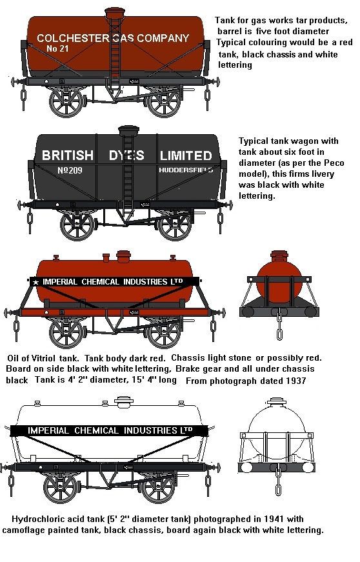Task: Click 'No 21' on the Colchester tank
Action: point(57,48)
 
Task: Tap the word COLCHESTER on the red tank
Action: point(73,38)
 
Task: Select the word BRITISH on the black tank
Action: point(68,156)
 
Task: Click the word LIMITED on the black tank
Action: point(186,156)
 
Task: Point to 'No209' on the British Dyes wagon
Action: point(70,170)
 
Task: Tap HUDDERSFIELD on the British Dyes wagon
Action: point(186,170)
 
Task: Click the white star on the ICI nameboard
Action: point(35,282)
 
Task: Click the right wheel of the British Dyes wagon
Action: point(175,225)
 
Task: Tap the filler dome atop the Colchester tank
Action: point(115,14)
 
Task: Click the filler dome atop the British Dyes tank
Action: point(128,131)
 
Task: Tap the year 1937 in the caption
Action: point(295,381)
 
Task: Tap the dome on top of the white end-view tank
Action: point(276,401)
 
